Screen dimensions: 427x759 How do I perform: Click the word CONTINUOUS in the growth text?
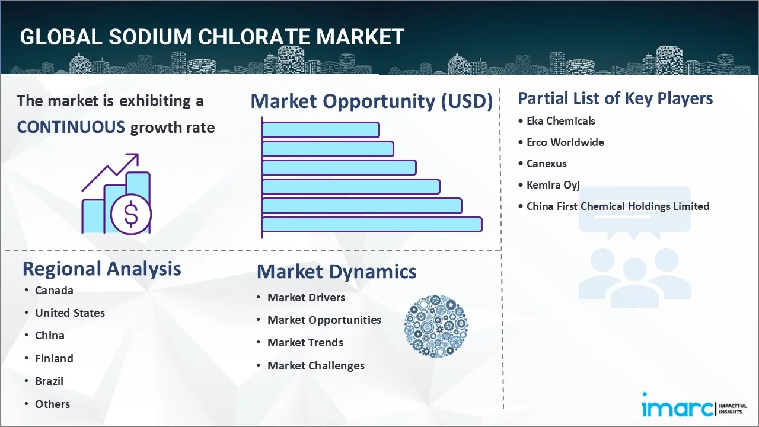[x=71, y=128]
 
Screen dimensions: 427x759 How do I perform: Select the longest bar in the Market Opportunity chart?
[x=372, y=224]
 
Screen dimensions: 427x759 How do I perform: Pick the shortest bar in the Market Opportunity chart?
[x=320, y=129]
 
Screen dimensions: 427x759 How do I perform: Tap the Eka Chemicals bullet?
[x=560, y=121]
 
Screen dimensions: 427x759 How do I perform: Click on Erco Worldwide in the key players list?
[x=565, y=142]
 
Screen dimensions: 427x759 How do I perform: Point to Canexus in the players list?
[x=546, y=164]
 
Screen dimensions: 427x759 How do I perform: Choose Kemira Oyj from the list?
[x=553, y=185]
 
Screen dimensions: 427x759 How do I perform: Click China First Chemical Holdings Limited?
[x=617, y=206]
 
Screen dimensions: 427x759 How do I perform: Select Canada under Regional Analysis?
[x=54, y=291]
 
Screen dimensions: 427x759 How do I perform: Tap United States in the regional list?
[x=69, y=313]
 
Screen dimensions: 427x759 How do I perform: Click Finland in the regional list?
[x=54, y=359]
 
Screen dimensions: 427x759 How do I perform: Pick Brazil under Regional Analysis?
[x=49, y=381]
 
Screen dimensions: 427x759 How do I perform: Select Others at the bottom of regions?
[x=52, y=404]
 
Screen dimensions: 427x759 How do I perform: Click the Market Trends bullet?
[x=305, y=343]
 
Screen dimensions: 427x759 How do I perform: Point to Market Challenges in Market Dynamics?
[x=315, y=366]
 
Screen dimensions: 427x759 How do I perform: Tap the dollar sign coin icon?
[x=131, y=215]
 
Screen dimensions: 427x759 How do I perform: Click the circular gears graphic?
[x=436, y=327]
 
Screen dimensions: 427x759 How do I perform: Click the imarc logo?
[x=678, y=408]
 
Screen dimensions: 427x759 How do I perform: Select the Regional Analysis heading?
[x=101, y=269]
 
